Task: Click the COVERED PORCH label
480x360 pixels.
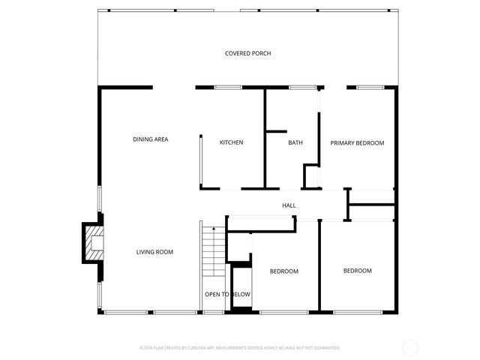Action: [247, 53]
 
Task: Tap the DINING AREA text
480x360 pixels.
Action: [150, 139]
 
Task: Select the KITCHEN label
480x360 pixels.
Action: [231, 142]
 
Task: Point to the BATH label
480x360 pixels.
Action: [295, 142]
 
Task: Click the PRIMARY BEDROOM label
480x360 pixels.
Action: [357, 142]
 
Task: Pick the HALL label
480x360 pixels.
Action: [289, 205]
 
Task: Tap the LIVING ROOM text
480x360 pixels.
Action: [154, 252]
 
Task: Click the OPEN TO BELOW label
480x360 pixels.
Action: [227, 295]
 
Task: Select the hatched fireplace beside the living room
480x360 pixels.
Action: [94, 242]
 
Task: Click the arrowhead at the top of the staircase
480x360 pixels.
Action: [213, 227]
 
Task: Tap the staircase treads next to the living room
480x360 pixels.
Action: [213, 255]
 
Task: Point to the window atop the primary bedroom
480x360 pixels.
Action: [369, 88]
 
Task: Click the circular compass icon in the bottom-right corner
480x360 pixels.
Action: [410, 347]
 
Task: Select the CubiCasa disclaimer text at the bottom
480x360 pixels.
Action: [240, 348]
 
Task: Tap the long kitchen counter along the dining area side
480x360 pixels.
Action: [200, 160]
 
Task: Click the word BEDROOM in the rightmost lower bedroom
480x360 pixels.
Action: [357, 271]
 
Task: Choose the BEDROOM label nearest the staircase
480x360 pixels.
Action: [284, 271]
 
